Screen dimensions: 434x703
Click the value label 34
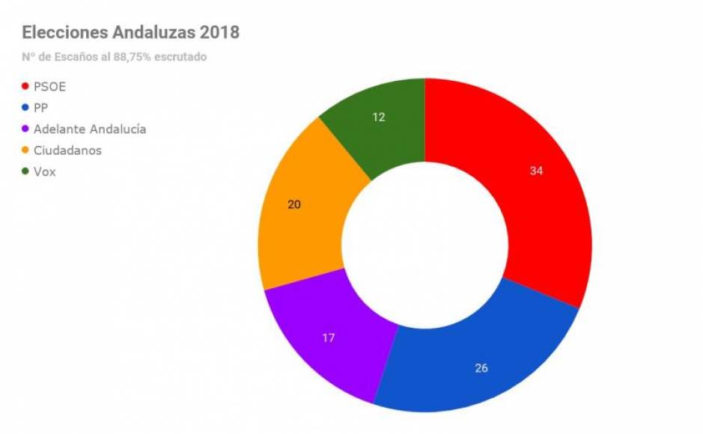[x=536, y=171]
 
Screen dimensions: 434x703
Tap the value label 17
[x=328, y=337]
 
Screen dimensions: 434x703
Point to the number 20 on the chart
[x=294, y=203]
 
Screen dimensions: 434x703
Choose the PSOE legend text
[x=50, y=87]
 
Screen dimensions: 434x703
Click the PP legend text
[x=41, y=108]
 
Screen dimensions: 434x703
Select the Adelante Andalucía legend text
[x=90, y=129]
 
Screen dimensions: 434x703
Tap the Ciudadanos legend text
[x=67, y=150]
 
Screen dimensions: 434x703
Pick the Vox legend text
[x=45, y=171]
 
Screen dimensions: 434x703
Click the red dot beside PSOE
[x=25, y=87]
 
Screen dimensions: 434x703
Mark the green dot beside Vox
[x=25, y=171]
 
